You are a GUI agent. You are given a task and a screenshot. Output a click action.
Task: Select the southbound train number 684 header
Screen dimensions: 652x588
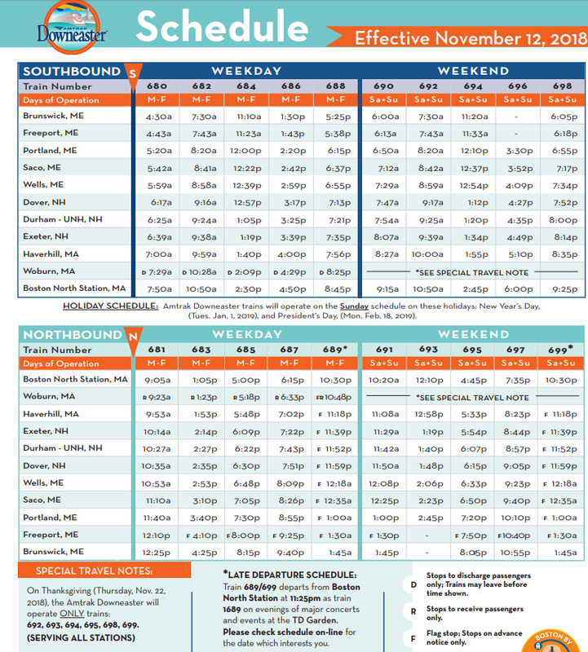[245, 86]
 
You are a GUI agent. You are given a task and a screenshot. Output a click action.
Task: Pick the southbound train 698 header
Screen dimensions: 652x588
[562, 86]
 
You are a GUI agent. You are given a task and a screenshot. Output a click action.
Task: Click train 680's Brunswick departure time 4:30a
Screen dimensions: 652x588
[157, 117]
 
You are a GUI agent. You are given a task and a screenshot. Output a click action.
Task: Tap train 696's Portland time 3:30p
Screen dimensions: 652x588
[518, 151]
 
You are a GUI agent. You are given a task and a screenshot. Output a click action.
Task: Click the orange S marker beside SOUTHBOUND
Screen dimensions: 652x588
[133, 73]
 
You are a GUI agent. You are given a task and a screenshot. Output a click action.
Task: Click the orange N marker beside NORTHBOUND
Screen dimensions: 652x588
[130, 336]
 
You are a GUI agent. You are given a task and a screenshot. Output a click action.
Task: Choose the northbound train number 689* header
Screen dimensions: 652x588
[335, 350]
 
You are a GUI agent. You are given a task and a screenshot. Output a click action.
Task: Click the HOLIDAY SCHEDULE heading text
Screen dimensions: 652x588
[110, 306]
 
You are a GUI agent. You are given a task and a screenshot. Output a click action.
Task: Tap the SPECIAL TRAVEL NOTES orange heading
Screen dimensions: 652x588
[91, 570]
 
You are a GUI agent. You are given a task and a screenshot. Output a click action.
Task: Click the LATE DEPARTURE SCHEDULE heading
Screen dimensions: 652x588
[290, 575]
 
